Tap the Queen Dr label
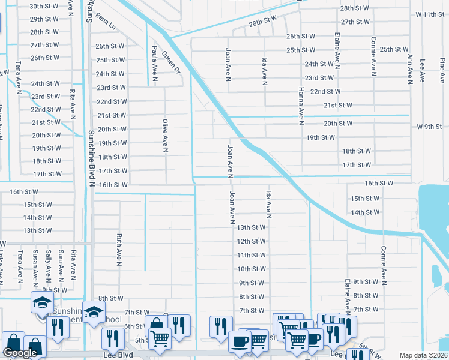pyautogui.click(x=171, y=62)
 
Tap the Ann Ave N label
pyautogui.click(x=411, y=65)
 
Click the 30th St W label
pyautogui.click(x=44, y=6)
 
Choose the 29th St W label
pyautogui.click(x=44, y=19)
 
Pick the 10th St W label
pyautogui.click(x=251, y=269)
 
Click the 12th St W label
pyautogui.click(x=251, y=241)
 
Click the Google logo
pyautogui.click(x=20, y=353)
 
